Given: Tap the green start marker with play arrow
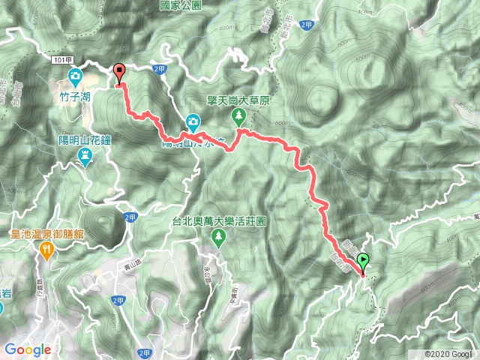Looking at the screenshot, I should [x=364, y=262].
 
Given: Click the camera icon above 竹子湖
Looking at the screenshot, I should [x=76, y=76].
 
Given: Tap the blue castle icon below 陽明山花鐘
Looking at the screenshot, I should [x=85, y=156].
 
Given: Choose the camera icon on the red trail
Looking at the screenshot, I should [x=193, y=121].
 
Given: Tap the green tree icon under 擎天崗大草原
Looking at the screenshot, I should [x=238, y=115].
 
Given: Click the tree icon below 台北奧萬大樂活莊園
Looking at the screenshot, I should [x=218, y=239].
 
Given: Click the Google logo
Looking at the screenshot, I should [x=28, y=349].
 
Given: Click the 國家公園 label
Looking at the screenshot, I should [x=181, y=4].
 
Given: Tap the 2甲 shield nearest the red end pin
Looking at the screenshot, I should [x=159, y=69].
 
